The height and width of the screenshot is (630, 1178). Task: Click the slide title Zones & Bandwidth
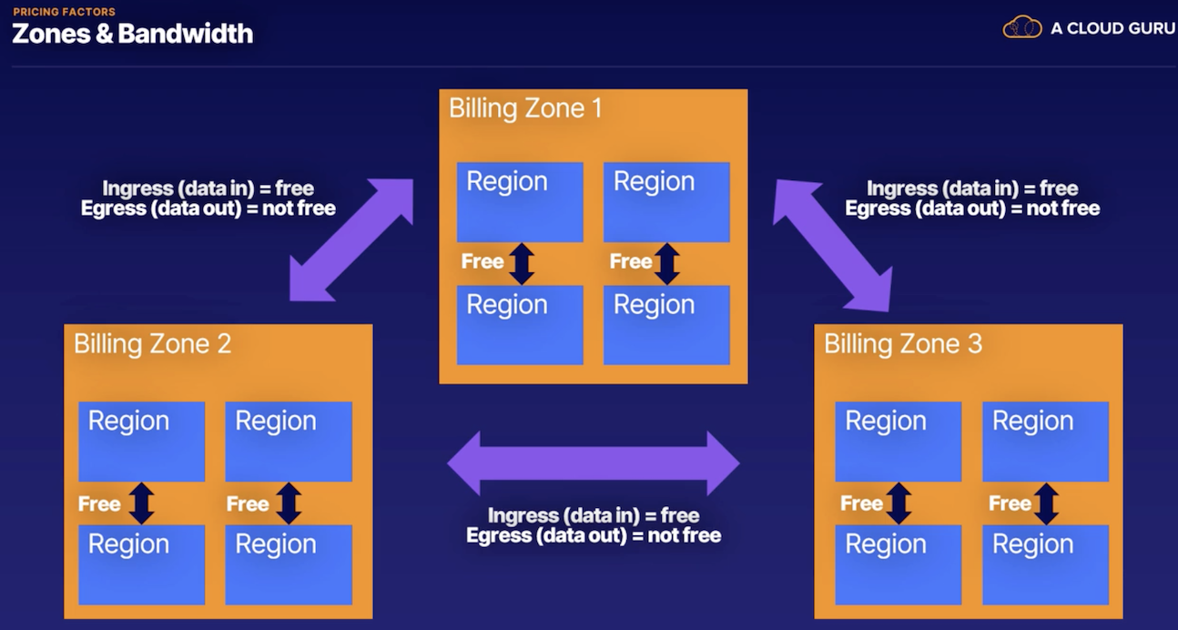pos(132,35)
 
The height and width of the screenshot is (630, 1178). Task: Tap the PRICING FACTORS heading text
pos(64,12)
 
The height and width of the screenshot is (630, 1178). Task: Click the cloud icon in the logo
pos(1021,27)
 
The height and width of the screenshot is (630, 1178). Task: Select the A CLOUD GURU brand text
pos(1112,28)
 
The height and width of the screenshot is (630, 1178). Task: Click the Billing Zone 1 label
pos(525,109)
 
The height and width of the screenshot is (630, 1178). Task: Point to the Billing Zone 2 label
pos(152,344)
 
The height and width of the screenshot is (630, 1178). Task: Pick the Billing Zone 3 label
pos(902,344)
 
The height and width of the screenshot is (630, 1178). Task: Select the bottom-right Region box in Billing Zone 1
pos(666,325)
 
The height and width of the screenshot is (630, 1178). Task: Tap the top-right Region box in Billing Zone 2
pos(289,442)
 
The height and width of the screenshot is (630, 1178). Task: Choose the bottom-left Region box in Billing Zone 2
pos(141,564)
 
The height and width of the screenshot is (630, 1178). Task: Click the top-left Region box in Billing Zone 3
pos(898,442)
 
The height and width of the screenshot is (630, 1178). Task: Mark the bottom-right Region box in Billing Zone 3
pos(1045,564)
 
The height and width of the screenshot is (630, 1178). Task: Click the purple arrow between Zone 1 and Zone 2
pos(351,239)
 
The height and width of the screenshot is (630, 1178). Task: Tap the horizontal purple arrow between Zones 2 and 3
pos(593,463)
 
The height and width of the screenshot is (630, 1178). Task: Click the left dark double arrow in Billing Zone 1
pos(522,263)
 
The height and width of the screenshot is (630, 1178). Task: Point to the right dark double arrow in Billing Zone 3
pos(1046,503)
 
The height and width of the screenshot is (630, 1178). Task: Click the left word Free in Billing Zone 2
pos(99,504)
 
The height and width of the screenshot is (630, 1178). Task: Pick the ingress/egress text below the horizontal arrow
pos(594,525)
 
